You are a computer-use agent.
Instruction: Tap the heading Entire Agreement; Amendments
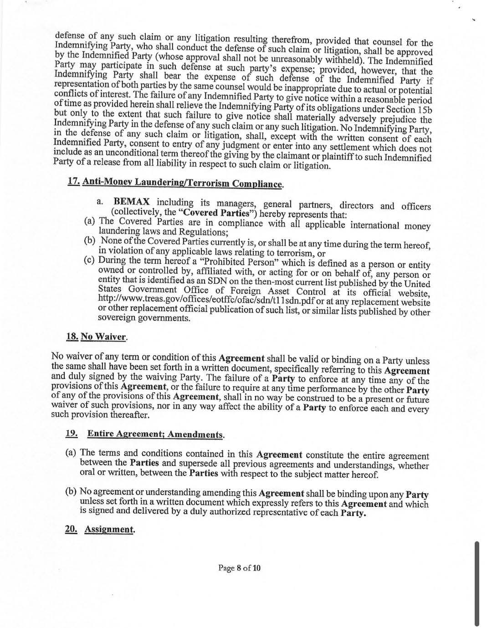click(x=156, y=434)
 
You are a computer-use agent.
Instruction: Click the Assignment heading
click(x=110, y=530)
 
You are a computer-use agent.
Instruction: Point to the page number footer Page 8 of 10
click(x=240, y=568)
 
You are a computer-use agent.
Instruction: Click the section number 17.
click(x=73, y=181)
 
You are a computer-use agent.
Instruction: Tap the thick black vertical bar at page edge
click(x=477, y=583)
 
